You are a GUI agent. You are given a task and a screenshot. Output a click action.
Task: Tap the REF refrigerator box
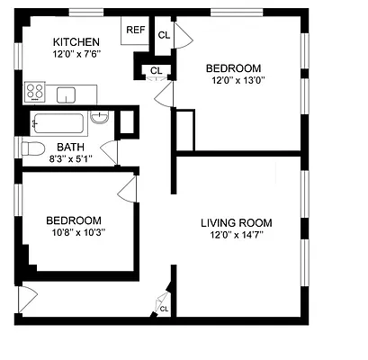[x=135, y=30]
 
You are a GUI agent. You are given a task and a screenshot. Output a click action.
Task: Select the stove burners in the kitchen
[x=35, y=91]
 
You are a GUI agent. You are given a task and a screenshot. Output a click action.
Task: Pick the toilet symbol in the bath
[x=32, y=148]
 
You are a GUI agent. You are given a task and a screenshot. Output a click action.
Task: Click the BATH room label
[x=73, y=147]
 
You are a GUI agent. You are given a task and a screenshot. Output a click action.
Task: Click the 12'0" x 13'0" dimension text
[x=233, y=80]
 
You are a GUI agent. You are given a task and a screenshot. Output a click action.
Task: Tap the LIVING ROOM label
[x=236, y=223]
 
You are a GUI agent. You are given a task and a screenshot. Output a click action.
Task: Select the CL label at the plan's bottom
[x=164, y=309]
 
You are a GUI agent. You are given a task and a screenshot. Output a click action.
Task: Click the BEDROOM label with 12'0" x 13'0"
[x=233, y=67]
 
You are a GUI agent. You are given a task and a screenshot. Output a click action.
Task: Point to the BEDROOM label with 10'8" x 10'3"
[x=73, y=220]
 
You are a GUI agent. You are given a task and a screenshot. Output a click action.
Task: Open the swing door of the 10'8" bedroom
[x=127, y=187]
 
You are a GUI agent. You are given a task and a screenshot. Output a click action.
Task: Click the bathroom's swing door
[x=109, y=151]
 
